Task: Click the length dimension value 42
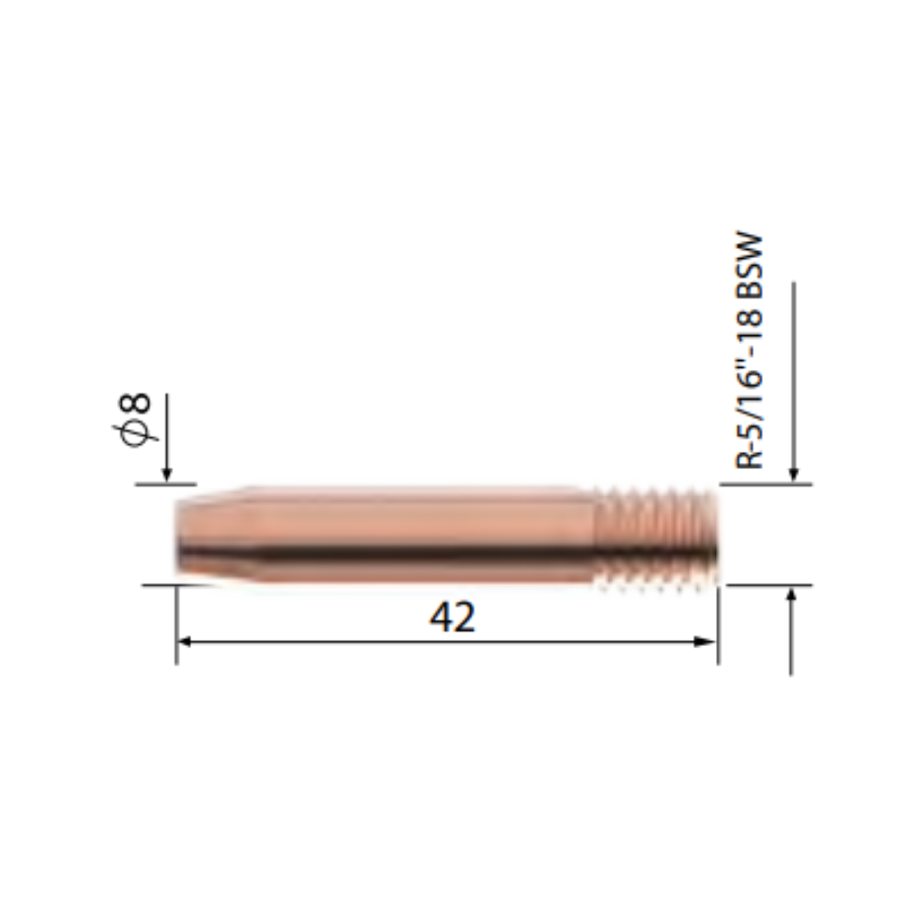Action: coord(452,617)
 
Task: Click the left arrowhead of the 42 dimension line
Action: coord(185,642)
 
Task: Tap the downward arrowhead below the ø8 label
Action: coord(167,475)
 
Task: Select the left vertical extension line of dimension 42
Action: coord(177,625)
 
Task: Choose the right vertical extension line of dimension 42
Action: coord(717,625)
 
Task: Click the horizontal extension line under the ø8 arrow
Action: coord(166,484)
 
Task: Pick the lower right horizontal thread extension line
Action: coord(769,586)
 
